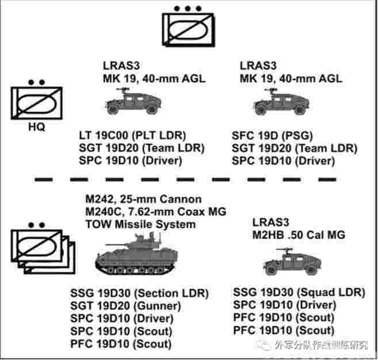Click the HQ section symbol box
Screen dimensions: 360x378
(34, 104)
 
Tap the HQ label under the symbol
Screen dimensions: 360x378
(36, 125)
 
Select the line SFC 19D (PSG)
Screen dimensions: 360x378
(272, 136)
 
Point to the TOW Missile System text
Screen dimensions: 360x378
(140, 224)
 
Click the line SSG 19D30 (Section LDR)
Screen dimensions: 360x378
(139, 293)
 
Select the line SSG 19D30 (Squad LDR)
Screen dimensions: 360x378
(299, 292)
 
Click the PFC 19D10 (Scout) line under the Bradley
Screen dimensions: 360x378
(121, 344)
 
